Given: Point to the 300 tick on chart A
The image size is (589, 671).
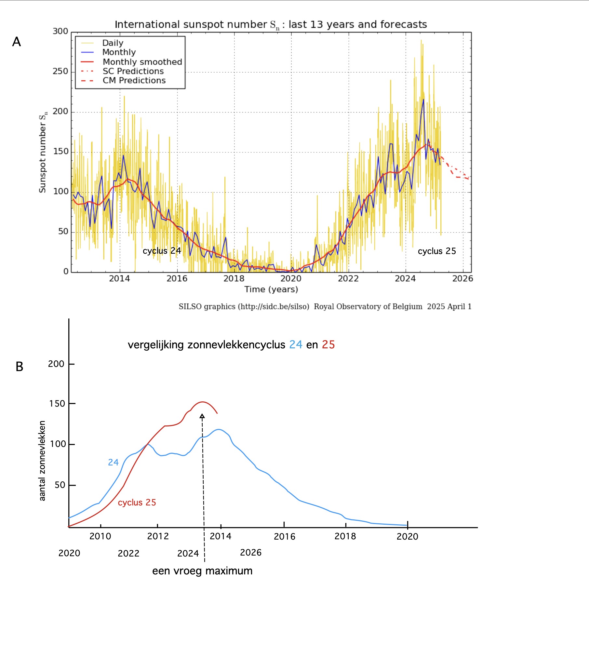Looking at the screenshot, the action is coord(60,31).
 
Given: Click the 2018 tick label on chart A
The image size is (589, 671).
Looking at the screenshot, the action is coord(234,279).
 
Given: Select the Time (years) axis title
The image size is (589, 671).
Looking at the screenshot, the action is coord(271,289).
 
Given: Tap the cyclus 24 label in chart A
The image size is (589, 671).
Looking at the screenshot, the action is coord(162,251).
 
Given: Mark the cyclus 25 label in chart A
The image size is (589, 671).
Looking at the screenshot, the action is coord(437,251).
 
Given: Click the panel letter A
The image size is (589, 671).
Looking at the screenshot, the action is coord(16,42).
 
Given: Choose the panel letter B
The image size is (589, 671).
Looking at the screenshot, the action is coord(20,367).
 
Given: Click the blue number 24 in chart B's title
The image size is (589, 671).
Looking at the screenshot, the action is coord(296,345).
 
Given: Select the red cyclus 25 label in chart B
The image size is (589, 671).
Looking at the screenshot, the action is coord(137,503).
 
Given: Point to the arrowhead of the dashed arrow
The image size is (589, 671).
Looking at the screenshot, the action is coord(202,416).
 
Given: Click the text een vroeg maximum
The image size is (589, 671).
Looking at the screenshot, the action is coord(202,571).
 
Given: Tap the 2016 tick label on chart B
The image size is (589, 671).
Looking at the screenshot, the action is coord(285,536).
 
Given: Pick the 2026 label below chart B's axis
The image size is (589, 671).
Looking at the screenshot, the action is coord(251,553).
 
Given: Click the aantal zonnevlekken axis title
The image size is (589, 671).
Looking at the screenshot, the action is coord(42,461).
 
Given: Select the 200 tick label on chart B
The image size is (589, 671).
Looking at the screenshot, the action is coord(56,364).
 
